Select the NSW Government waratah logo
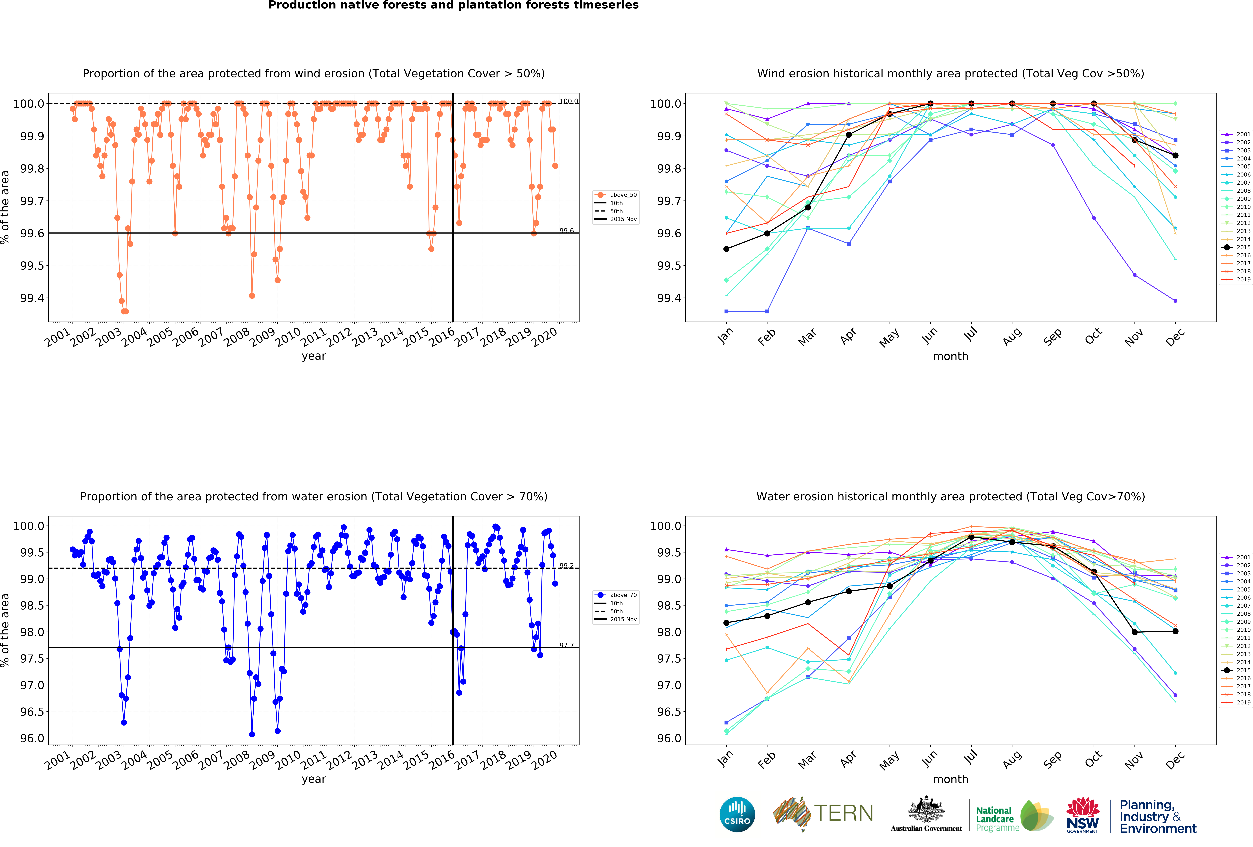click(x=1083, y=815)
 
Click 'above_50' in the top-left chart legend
click(x=623, y=195)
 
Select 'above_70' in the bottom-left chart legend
click(x=623, y=595)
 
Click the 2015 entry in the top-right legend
click(x=1243, y=247)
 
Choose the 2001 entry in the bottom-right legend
click(x=1243, y=557)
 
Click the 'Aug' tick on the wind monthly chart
click(x=1012, y=336)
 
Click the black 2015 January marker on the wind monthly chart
click(x=726, y=249)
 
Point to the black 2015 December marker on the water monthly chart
click(x=1175, y=631)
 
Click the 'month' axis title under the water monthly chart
click(x=951, y=779)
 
